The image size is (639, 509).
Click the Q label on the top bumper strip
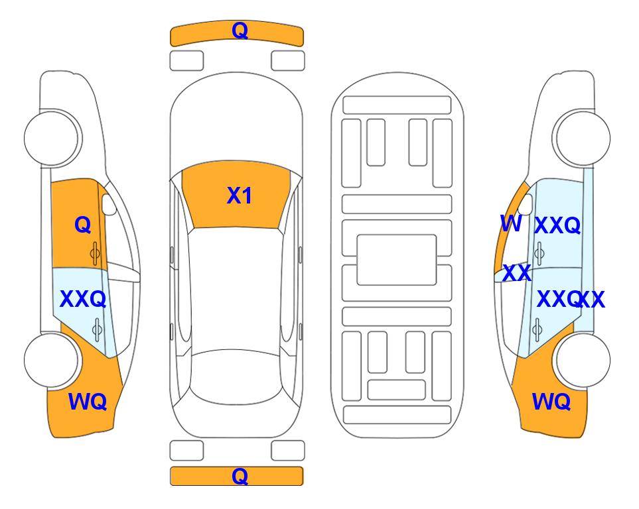(240, 30)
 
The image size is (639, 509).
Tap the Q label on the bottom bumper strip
(240, 476)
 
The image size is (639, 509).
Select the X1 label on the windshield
(240, 196)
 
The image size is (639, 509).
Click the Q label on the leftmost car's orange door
(82, 225)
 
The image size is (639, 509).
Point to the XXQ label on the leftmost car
(83, 300)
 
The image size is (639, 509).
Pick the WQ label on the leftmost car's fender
(88, 402)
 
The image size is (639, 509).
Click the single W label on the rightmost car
(511, 223)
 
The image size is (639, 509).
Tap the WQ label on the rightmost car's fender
(551, 402)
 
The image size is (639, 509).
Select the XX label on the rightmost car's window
(517, 273)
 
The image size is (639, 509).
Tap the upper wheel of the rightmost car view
(581, 138)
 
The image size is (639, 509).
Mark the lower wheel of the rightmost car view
(582, 361)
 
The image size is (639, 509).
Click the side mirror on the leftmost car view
(109, 204)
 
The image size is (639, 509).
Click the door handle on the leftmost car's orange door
(95, 254)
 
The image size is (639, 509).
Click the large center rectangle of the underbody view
(397, 260)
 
